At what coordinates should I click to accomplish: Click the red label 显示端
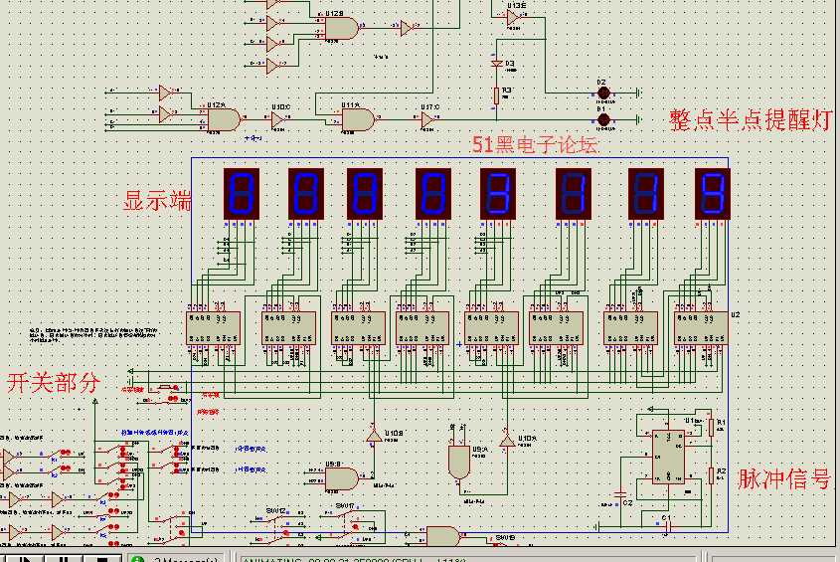[157, 200]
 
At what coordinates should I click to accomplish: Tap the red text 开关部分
[54, 383]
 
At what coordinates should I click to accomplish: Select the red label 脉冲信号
[783, 478]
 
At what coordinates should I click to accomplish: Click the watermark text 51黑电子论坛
[536, 145]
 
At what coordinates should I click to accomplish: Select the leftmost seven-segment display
[244, 193]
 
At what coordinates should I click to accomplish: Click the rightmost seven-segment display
[712, 193]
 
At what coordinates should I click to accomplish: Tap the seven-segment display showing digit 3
[498, 193]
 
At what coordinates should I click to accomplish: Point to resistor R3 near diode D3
[495, 95]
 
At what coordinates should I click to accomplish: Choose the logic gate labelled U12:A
[222, 118]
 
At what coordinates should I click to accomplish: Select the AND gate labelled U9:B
[343, 479]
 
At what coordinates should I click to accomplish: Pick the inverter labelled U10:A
[507, 440]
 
